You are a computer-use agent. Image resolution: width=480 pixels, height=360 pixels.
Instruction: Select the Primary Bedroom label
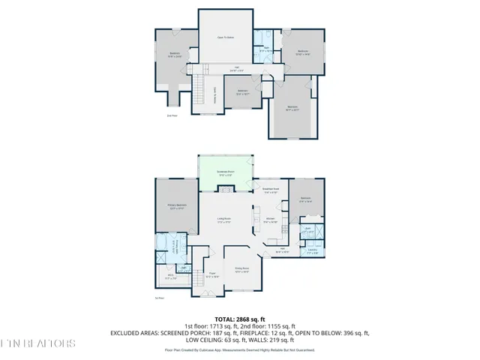tap(177, 206)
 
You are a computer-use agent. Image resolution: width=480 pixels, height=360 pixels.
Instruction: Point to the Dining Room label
tap(241, 268)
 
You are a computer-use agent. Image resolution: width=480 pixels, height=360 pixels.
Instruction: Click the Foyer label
tap(212, 275)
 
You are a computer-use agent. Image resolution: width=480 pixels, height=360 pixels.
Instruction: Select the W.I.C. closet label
tap(170, 277)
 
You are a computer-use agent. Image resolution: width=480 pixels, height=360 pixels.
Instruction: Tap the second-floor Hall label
tap(236, 69)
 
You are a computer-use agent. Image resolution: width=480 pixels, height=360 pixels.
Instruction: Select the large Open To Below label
tap(226, 37)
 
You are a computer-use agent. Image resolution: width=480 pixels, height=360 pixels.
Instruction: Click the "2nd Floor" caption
tap(172, 115)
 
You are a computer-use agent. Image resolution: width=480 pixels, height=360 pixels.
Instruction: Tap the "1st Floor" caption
tap(159, 298)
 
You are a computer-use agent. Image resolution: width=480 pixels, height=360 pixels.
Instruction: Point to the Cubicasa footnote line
tap(240, 349)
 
